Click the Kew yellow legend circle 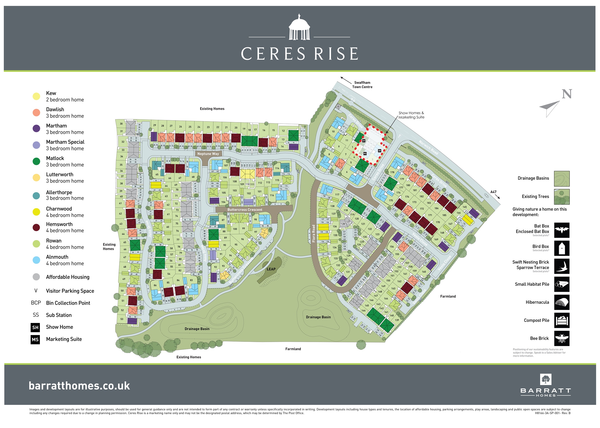36,96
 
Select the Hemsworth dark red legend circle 36,227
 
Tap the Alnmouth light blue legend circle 36,260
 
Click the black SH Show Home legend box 35,327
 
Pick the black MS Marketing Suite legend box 35,339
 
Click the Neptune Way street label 208,154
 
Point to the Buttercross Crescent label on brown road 245,210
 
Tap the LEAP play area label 271,269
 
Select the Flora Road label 313,233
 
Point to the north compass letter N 567,94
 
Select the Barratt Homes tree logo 545,379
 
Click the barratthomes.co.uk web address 79,386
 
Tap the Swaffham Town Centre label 362,85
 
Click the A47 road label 493,192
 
